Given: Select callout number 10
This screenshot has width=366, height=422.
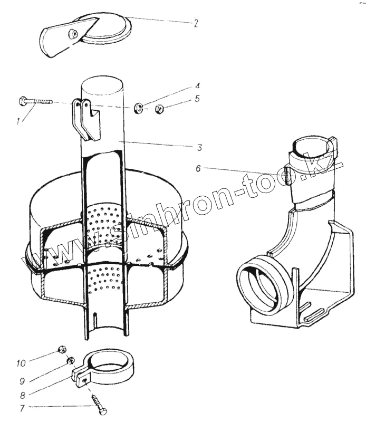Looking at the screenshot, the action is (x=21, y=363).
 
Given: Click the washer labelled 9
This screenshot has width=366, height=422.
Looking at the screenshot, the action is (x=69, y=361).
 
